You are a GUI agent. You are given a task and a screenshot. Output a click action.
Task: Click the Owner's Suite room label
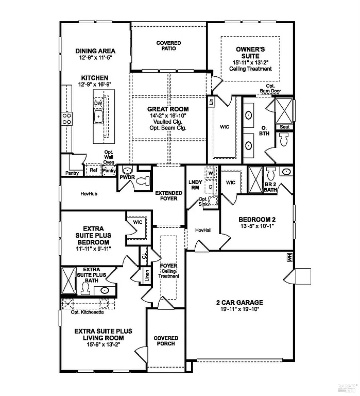point(251,52)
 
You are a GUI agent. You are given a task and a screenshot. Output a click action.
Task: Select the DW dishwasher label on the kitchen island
point(98,104)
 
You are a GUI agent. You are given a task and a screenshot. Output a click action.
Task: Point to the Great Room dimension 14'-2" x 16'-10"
point(168,116)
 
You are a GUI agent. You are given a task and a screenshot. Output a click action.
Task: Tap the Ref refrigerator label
point(93,170)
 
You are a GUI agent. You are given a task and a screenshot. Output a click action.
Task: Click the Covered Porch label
point(166,341)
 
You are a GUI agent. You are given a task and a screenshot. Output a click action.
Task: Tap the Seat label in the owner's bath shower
point(284,127)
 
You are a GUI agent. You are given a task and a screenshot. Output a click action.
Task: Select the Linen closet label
point(147,275)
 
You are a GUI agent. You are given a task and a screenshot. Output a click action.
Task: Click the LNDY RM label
point(195,185)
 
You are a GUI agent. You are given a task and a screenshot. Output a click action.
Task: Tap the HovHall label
point(204,230)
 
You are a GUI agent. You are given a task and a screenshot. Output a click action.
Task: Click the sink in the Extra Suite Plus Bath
point(105,291)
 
